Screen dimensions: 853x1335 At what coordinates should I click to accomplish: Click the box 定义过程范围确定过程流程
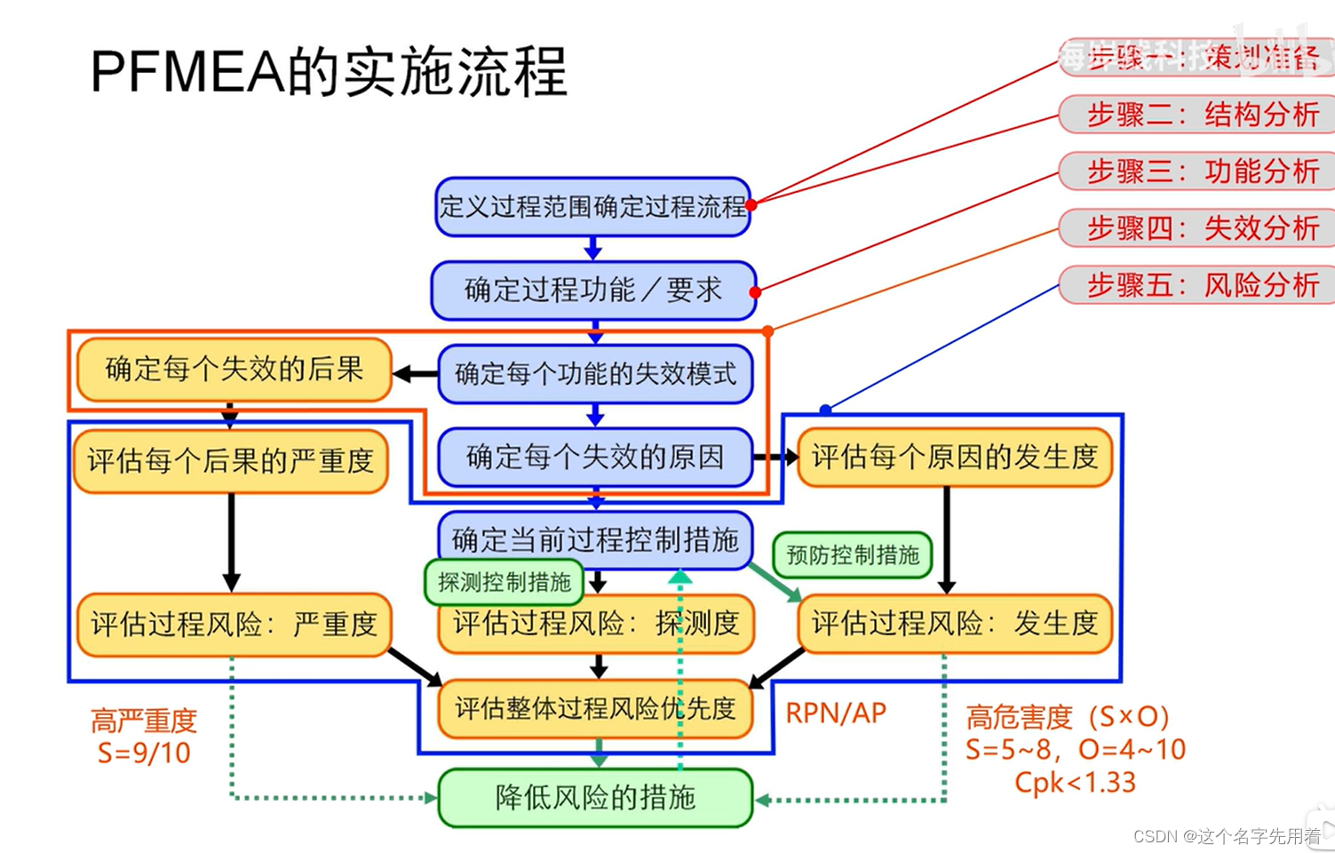[592, 207]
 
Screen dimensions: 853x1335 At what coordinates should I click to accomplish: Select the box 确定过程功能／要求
[592, 291]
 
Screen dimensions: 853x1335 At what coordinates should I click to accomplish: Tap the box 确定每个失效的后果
[234, 370]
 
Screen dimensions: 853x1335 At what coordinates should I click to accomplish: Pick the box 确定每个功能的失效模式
[595, 374]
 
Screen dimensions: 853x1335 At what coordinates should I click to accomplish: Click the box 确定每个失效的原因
[595, 458]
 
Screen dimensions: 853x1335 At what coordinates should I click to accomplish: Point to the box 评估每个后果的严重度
[230, 461]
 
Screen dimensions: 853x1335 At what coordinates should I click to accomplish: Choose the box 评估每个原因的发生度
[955, 458]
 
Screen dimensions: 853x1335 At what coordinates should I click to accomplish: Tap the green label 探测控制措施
[504, 583]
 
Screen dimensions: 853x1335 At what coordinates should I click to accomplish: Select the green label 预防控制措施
[853, 555]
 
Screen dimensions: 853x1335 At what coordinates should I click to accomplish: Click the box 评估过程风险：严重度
[234, 625]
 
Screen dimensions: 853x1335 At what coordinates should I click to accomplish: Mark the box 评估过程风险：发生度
[955, 625]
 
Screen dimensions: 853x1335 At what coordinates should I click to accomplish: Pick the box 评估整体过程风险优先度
[595, 709]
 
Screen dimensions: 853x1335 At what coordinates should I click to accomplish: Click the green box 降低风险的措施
[595, 798]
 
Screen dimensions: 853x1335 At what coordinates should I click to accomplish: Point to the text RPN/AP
[836, 713]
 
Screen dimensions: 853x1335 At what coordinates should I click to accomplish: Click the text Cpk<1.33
[1075, 783]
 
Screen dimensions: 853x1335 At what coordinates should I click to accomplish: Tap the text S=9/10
[144, 753]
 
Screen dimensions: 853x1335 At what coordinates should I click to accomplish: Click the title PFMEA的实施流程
[329, 72]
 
